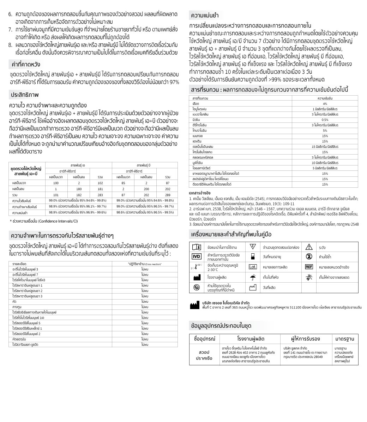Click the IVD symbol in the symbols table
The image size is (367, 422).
(196, 257)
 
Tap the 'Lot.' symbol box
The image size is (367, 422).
(253, 267)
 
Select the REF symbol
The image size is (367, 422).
(309, 267)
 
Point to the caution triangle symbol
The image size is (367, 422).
(309, 247)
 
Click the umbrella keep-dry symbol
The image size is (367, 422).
(253, 277)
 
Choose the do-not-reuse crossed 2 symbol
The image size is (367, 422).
(309, 257)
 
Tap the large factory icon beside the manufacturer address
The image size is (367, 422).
(194, 306)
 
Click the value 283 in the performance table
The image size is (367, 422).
(100, 195)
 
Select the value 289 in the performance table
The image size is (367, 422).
(168, 195)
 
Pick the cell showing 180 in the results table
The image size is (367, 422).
(79, 189)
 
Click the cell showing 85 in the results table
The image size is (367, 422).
(123, 183)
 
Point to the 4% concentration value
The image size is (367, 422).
(325, 104)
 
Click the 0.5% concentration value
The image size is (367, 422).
(325, 120)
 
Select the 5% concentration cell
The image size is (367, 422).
(325, 131)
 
